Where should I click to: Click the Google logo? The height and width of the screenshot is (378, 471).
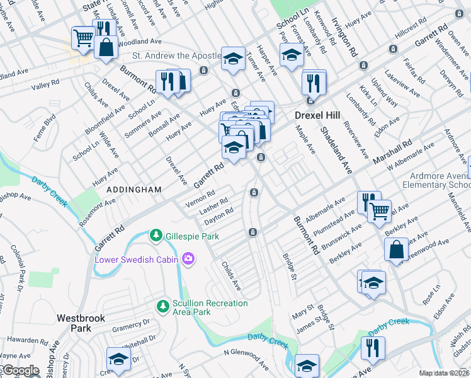point(20,371)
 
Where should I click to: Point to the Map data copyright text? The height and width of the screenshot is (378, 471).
point(444,373)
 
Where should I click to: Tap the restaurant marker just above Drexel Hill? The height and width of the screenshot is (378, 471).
point(313,83)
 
